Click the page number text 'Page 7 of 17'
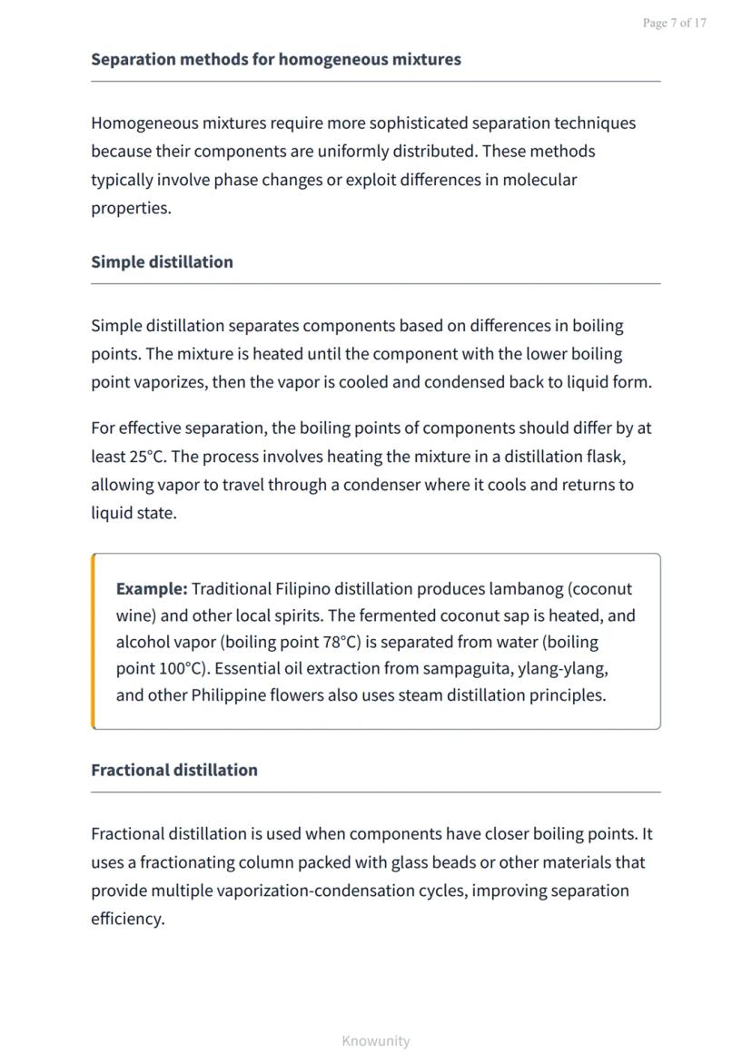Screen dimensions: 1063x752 click(x=674, y=24)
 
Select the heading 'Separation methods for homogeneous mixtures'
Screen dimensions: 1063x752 click(x=275, y=60)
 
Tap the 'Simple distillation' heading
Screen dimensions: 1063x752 click(x=162, y=262)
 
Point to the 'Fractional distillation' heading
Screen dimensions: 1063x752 click(x=173, y=771)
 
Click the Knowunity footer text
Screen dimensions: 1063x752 click(x=376, y=1041)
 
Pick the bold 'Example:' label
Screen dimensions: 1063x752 click(x=152, y=589)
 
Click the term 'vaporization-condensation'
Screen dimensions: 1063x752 click(x=316, y=891)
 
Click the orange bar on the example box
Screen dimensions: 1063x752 click(x=93, y=641)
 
